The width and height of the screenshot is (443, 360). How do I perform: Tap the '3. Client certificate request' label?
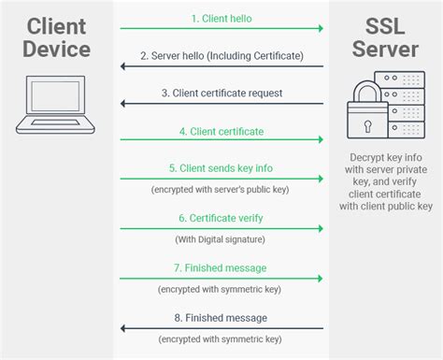221,93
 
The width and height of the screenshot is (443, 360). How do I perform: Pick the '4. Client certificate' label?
221,131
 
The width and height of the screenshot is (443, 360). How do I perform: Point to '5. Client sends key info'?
221,169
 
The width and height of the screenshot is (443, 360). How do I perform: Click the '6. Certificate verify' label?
221,218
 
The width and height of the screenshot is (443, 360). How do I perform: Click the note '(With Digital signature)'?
221,239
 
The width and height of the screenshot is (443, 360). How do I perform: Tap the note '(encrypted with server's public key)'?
221,190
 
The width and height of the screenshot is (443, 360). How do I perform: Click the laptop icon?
56,101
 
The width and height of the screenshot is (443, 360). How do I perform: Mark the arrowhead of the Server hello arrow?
122,67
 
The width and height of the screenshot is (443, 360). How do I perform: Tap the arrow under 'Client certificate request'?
221,106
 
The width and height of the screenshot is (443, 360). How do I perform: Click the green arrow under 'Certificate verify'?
221,229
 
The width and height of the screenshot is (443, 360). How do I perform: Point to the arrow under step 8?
221,328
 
